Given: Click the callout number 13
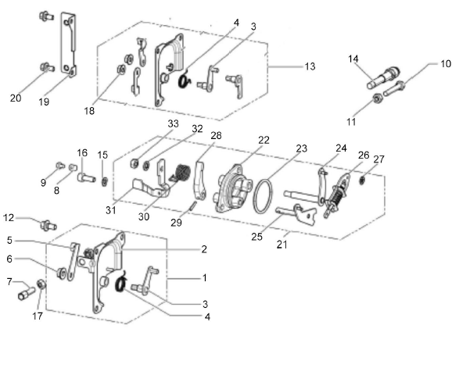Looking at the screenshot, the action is pos(310,66).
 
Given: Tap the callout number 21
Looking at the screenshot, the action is pos(282,245).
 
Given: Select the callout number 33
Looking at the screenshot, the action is pos(173,123).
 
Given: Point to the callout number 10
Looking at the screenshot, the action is pos(446,64).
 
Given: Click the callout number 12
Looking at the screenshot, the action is pos(9,218).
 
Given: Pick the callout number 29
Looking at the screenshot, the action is pos(176,223).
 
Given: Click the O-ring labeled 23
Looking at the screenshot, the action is pos(263,196).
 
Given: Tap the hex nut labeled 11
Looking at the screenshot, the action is pos(378,98).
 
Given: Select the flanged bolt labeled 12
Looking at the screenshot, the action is pos(48,225).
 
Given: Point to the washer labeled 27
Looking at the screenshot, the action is pos(363,180).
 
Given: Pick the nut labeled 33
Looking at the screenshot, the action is pos(134,163).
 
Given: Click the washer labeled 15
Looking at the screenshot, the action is pos(104,182).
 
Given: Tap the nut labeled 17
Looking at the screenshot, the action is pos(41,284).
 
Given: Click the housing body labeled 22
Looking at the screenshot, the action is pos(233,188).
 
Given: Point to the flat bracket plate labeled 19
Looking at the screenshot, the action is pos(69,43).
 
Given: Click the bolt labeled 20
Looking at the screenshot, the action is pos(47,67).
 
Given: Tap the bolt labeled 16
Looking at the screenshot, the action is pos(86,177).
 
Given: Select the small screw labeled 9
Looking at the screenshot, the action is pos(60,166).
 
